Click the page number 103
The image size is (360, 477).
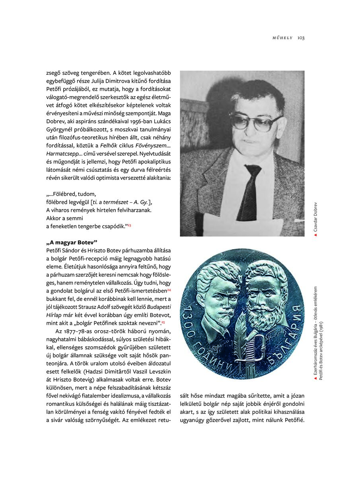(301, 38)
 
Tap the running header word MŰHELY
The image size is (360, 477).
(282, 38)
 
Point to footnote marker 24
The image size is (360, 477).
(169, 291)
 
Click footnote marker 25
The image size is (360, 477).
(163, 322)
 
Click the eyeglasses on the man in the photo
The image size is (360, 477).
(255, 122)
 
